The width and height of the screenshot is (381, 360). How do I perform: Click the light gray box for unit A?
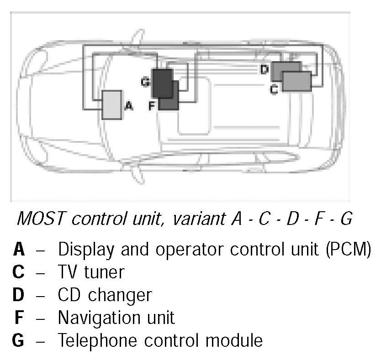(111, 105)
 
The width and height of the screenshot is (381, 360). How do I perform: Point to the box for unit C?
(296, 81)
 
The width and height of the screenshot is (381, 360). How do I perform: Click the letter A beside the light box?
(128, 106)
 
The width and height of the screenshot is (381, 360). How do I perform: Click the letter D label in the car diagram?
(264, 69)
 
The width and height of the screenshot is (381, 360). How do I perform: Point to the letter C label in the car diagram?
(274, 89)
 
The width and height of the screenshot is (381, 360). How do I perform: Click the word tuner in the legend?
(105, 272)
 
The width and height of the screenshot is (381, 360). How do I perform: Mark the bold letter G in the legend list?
(18, 340)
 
